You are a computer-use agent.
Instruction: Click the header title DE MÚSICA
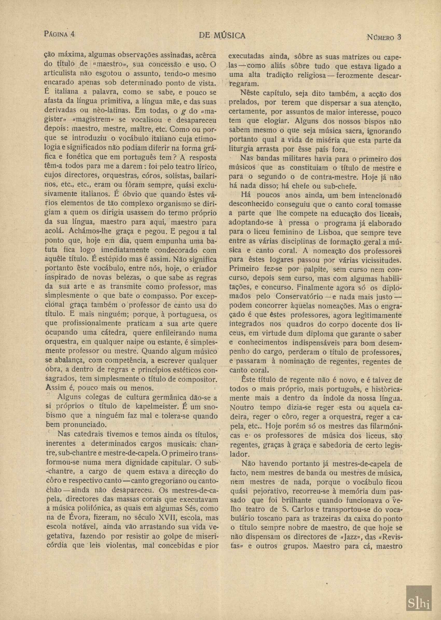coord(222,35)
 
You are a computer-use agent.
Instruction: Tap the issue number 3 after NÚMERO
coord(399,37)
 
